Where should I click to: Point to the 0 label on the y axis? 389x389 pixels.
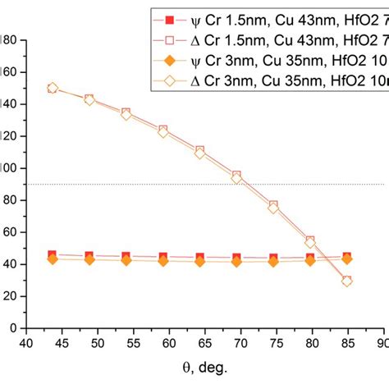click(16, 327)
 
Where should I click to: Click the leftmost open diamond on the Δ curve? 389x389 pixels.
click(53, 88)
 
